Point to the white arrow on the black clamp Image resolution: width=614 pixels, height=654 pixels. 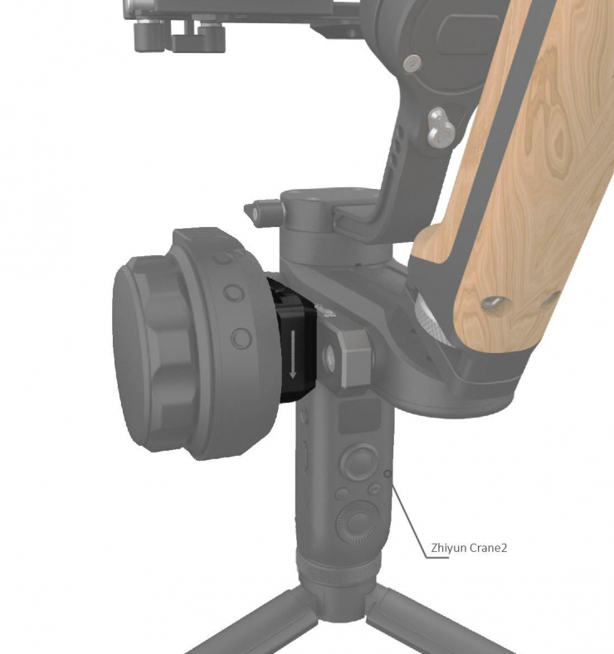pyautogui.click(x=293, y=354)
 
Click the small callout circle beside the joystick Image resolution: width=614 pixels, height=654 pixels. pyautogui.click(x=387, y=474)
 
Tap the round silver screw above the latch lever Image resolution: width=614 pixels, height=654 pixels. pyautogui.click(x=412, y=63)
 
